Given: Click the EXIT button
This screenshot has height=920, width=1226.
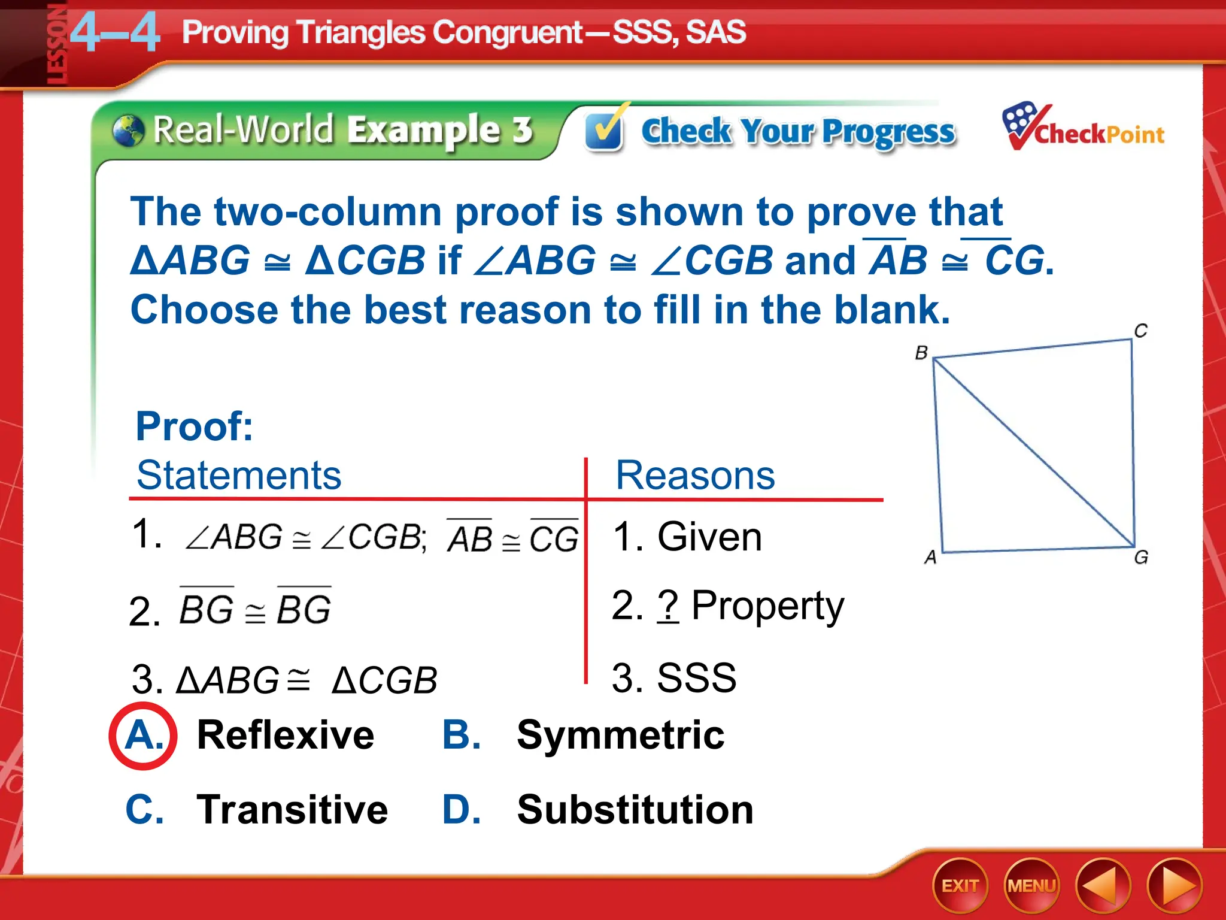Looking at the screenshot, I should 960,885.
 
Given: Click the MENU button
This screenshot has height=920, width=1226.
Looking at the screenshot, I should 1031,885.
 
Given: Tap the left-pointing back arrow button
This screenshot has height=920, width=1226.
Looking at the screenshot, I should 1103,885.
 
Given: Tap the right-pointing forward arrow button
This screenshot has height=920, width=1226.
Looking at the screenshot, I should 1175,885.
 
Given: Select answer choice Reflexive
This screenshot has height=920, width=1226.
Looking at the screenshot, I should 286,735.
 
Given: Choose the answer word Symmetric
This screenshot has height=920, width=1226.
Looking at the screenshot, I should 620,735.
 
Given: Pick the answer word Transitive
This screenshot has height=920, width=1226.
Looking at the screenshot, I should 292,809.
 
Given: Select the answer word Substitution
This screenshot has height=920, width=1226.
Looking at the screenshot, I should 635,809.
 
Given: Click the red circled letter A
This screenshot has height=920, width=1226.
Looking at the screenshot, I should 143,736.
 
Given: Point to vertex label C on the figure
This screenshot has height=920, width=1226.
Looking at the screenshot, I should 1140,331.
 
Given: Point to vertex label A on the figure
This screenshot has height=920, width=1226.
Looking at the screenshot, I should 930,557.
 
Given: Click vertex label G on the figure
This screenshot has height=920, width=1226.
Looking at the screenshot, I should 1141,558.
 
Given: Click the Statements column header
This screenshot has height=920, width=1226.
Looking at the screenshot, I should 239,476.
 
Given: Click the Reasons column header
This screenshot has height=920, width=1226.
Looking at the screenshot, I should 695,476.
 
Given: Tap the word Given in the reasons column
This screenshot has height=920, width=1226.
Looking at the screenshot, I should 709,537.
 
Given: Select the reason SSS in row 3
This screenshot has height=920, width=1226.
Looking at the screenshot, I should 696,678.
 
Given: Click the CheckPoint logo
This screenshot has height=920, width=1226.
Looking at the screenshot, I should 1084,128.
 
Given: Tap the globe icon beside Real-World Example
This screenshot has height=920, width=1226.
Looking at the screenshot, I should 129,131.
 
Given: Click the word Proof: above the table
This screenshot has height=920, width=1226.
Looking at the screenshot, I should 195,426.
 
